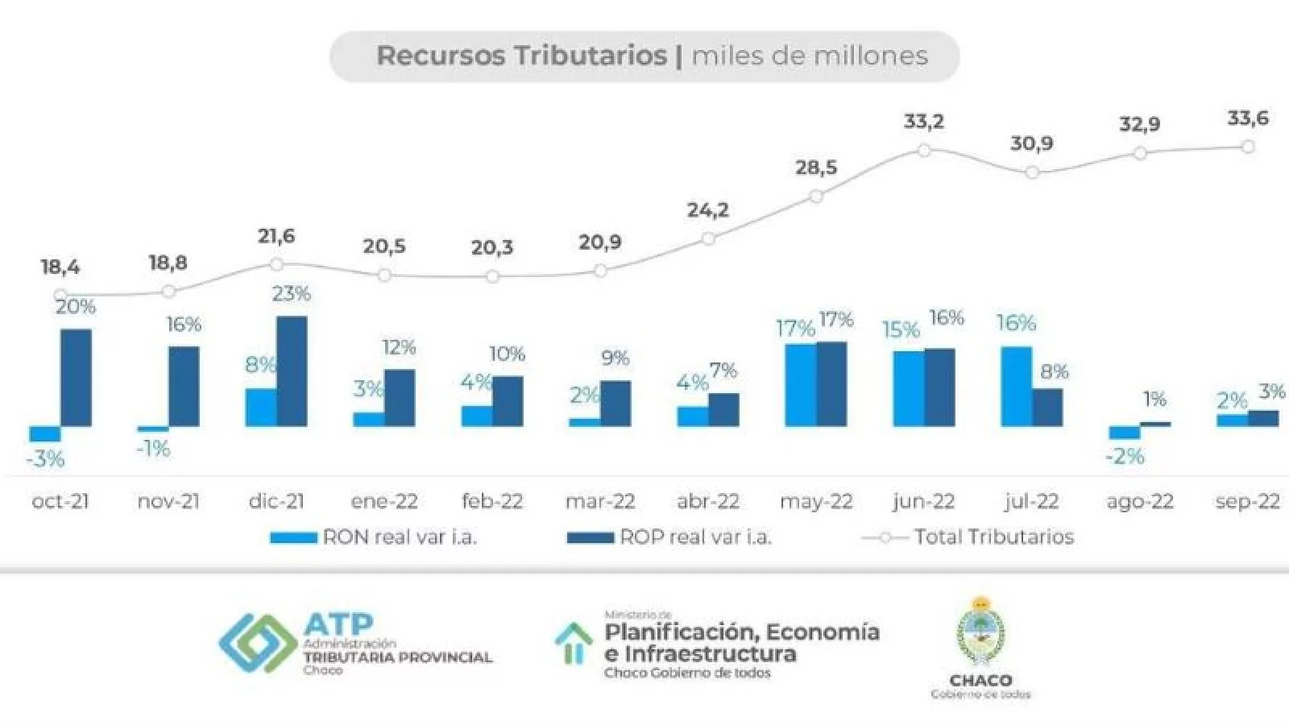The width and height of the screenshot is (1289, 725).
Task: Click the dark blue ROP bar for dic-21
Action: coord(292,371)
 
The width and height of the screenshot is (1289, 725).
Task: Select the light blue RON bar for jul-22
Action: coord(1016,386)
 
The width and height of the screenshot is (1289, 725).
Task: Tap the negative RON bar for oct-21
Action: coord(45,433)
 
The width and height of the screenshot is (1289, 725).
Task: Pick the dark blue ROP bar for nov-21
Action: coord(184,386)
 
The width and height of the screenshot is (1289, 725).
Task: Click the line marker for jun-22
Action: coord(924,151)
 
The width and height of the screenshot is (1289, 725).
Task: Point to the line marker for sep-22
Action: coord(1248,147)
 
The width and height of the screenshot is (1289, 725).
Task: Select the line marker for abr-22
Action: coord(708,238)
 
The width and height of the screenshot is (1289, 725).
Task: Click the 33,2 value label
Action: coord(923,122)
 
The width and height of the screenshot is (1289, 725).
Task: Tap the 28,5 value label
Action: coord(816,168)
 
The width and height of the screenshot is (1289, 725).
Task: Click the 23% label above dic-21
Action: coord(291,294)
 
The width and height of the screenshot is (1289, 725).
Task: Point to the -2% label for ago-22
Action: coord(1125,457)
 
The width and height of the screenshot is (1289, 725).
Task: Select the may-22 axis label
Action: coord(816,502)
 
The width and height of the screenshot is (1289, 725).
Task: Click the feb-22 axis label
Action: coord(492,502)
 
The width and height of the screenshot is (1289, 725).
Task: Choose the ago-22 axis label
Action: coord(1140,502)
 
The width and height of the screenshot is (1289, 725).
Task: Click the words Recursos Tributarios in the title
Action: coord(521,56)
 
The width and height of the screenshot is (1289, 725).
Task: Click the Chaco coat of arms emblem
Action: coord(980,632)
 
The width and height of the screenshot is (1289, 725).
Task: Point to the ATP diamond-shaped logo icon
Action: coord(258,643)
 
